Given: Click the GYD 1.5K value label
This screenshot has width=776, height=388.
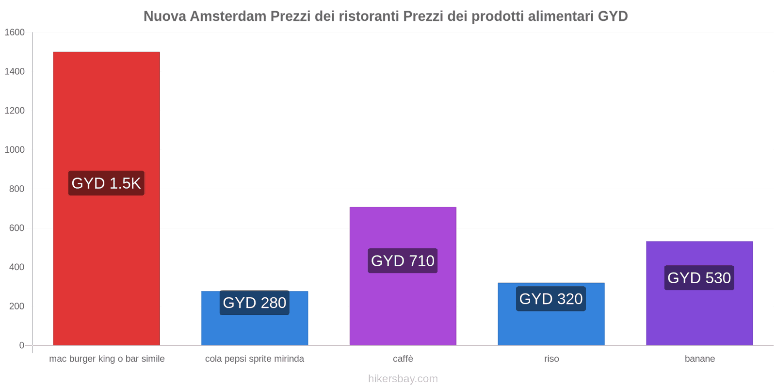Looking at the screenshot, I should (106, 183).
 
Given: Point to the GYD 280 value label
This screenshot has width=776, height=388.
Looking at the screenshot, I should (255, 303).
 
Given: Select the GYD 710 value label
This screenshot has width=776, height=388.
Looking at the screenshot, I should (403, 261).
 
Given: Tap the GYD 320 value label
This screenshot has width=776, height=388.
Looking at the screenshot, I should (551, 299).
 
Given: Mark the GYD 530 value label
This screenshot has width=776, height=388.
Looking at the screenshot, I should (699, 278).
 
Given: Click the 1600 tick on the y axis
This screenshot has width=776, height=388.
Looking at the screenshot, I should (15, 32).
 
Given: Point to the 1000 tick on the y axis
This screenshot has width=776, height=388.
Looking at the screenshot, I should (15, 150).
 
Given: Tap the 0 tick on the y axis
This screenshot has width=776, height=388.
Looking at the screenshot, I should (21, 345).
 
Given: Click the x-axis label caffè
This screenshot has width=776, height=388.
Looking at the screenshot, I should (403, 359).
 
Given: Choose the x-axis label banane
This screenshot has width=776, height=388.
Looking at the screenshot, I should (699, 359).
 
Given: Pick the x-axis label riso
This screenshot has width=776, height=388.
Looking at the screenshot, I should (551, 359).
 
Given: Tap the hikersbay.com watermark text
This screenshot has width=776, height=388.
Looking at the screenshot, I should (403, 379).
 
